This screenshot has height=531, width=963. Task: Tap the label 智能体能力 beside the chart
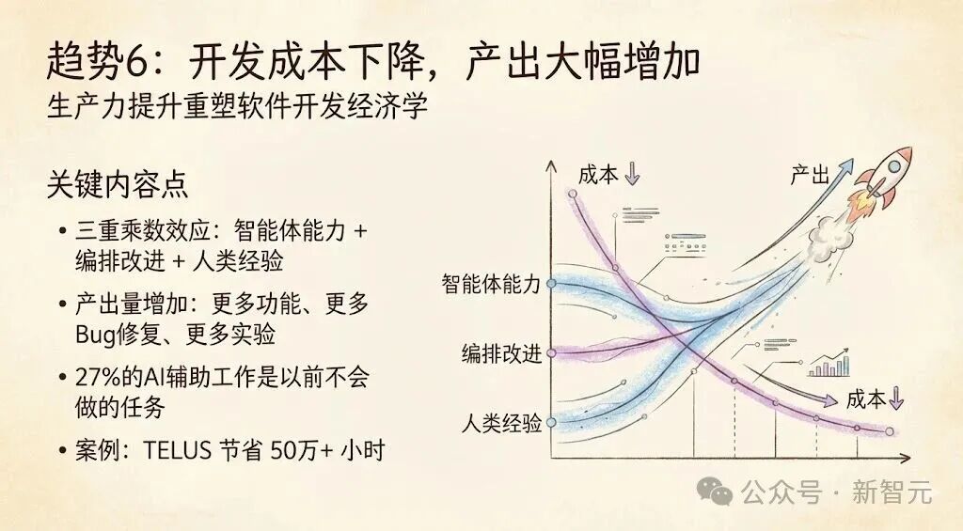(491, 284)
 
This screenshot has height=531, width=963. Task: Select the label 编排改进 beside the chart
(501, 353)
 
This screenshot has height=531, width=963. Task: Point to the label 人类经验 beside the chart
(501, 423)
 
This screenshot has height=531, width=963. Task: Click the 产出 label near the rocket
(809, 174)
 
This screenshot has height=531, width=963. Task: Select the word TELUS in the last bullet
(180, 450)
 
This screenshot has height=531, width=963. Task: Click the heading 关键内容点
(117, 184)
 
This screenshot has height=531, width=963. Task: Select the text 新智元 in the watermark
(892, 491)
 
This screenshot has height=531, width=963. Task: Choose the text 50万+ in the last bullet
(301, 450)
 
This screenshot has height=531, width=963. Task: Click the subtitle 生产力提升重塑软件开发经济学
(237, 106)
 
